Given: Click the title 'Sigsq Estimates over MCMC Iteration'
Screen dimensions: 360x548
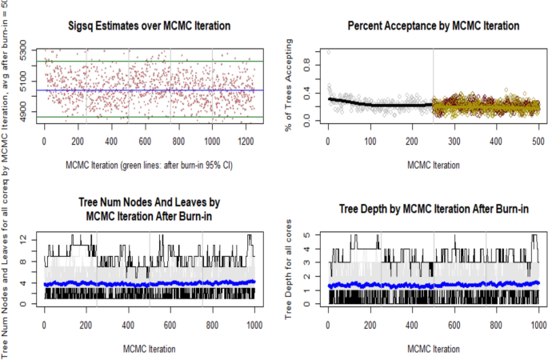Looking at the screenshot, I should [149, 26].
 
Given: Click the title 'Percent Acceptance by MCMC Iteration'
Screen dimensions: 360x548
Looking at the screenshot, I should [433, 26].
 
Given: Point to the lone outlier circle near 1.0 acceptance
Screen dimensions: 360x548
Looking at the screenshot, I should [328, 52].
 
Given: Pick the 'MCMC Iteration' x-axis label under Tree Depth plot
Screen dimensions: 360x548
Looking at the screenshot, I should [433, 349].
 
